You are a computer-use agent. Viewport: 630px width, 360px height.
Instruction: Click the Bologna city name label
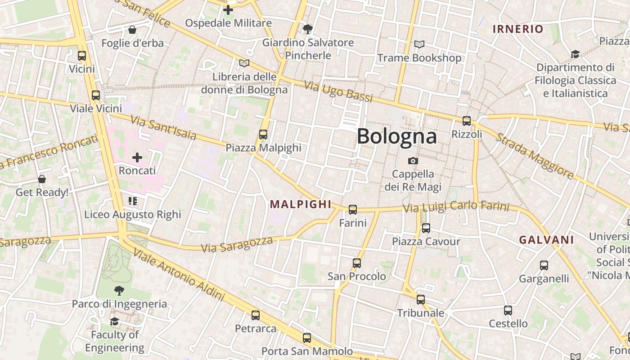tap(396, 136)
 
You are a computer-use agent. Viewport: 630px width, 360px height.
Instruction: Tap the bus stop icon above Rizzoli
tap(467, 121)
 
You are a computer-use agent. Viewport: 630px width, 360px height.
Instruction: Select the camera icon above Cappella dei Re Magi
tap(413, 161)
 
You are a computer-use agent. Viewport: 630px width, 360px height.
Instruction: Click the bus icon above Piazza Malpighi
tap(263, 135)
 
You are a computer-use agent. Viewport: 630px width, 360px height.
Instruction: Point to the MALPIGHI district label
tap(301, 204)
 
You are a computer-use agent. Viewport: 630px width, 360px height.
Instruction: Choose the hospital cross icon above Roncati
tap(137, 157)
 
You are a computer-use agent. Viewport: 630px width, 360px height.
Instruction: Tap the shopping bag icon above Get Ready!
tap(42, 179)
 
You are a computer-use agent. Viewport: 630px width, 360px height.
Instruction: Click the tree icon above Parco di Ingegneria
tap(119, 290)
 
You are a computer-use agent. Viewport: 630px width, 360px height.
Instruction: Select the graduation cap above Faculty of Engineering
tap(114, 321)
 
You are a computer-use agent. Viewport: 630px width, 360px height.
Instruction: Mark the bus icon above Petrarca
tap(256, 315)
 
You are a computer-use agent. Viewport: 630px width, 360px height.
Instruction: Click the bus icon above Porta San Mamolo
tap(307, 337)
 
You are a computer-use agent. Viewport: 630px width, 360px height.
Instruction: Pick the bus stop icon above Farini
tap(353, 210)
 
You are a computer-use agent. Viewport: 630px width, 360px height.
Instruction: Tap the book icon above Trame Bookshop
tap(419, 45)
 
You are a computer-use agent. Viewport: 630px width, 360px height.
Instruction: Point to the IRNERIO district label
tap(518, 29)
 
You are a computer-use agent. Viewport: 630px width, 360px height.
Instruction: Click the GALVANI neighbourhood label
tap(546, 240)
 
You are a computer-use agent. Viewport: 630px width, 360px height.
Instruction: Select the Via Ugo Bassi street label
tap(338, 91)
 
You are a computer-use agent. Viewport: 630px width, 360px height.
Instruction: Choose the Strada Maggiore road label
tap(535, 156)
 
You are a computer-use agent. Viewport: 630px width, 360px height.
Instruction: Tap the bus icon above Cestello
tap(508, 310)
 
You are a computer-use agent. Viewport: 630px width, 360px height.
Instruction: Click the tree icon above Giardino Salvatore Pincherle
tap(308, 29)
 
